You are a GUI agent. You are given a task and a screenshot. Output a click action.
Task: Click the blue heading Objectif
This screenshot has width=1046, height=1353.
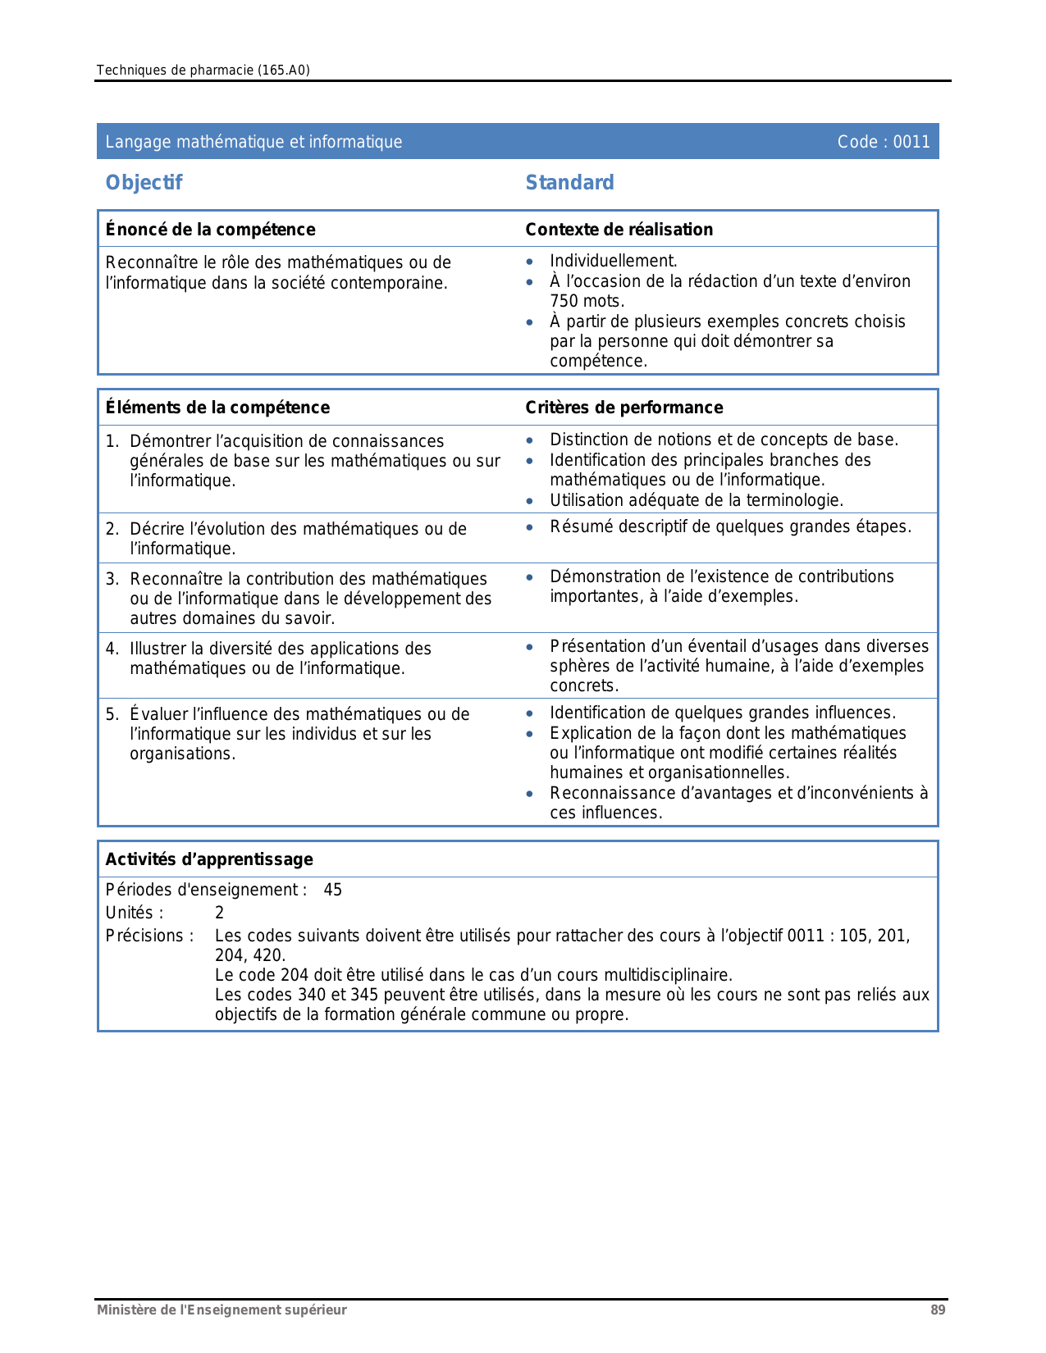tap(144, 183)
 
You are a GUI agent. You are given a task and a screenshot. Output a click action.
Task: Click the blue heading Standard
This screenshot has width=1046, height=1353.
tap(569, 183)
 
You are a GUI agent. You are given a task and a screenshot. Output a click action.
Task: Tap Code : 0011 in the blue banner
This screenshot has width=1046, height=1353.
tap(883, 142)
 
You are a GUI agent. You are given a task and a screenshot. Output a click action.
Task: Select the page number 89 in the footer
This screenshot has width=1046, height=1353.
tap(938, 1310)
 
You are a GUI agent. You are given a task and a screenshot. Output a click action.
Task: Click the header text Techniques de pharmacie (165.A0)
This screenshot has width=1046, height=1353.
tap(203, 71)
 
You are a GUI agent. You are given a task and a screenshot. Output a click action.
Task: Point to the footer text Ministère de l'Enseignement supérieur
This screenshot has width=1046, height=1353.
tap(222, 1310)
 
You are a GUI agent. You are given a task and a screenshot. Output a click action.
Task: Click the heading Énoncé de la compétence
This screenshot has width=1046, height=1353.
tap(210, 230)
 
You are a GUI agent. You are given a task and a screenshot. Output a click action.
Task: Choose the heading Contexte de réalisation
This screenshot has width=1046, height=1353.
tap(619, 230)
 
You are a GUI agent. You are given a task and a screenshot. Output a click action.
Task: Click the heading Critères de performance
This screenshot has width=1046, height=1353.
tap(623, 408)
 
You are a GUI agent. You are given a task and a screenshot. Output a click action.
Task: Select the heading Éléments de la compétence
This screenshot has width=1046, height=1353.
tap(217, 408)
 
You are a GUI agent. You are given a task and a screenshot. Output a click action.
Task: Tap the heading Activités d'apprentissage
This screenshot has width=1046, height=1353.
tap(209, 859)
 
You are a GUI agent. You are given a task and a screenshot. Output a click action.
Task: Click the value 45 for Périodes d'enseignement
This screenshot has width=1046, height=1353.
tap(332, 890)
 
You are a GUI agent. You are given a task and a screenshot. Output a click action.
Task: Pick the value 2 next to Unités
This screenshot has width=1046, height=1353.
tap(219, 913)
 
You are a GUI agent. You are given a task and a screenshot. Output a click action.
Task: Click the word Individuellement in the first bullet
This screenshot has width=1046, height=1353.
tap(612, 261)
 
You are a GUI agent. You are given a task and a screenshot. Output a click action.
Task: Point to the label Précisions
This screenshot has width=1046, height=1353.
tap(148, 936)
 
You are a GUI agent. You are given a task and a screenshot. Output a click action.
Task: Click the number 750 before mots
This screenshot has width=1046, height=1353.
tap(563, 301)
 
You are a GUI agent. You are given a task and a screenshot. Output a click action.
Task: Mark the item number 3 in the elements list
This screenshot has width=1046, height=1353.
tap(112, 579)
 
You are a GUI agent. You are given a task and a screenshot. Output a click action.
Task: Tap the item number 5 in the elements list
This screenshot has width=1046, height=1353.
tap(112, 714)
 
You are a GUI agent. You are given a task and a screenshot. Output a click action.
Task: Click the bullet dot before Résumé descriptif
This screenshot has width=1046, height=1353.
tap(530, 527)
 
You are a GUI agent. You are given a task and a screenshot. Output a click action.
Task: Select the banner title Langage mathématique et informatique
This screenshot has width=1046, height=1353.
tap(254, 142)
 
